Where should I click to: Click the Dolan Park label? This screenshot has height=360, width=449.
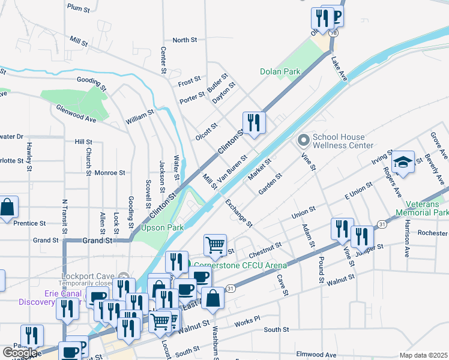(x=280, y=71)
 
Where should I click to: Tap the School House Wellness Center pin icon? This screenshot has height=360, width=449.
(x=303, y=140)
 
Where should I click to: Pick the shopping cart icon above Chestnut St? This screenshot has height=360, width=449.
(x=215, y=245)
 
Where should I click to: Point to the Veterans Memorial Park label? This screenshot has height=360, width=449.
(x=422, y=208)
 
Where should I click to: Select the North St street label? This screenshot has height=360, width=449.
(x=185, y=40)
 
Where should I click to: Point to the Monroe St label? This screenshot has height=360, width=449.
(x=109, y=172)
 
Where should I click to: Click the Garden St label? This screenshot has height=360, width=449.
(x=270, y=184)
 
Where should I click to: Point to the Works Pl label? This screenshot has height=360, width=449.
(x=247, y=322)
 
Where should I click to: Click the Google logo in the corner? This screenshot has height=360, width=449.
(x=20, y=353)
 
